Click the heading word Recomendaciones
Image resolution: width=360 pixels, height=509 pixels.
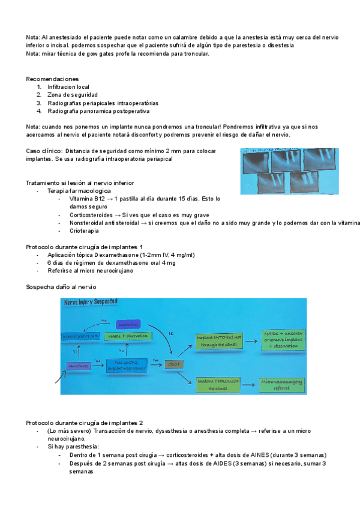[52, 79]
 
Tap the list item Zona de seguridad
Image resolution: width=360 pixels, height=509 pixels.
[73, 95]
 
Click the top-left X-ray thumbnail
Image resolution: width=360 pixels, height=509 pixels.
[255, 161]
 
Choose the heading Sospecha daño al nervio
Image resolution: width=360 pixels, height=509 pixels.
[61, 287]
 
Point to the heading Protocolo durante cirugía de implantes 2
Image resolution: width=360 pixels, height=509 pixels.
[85, 423]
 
